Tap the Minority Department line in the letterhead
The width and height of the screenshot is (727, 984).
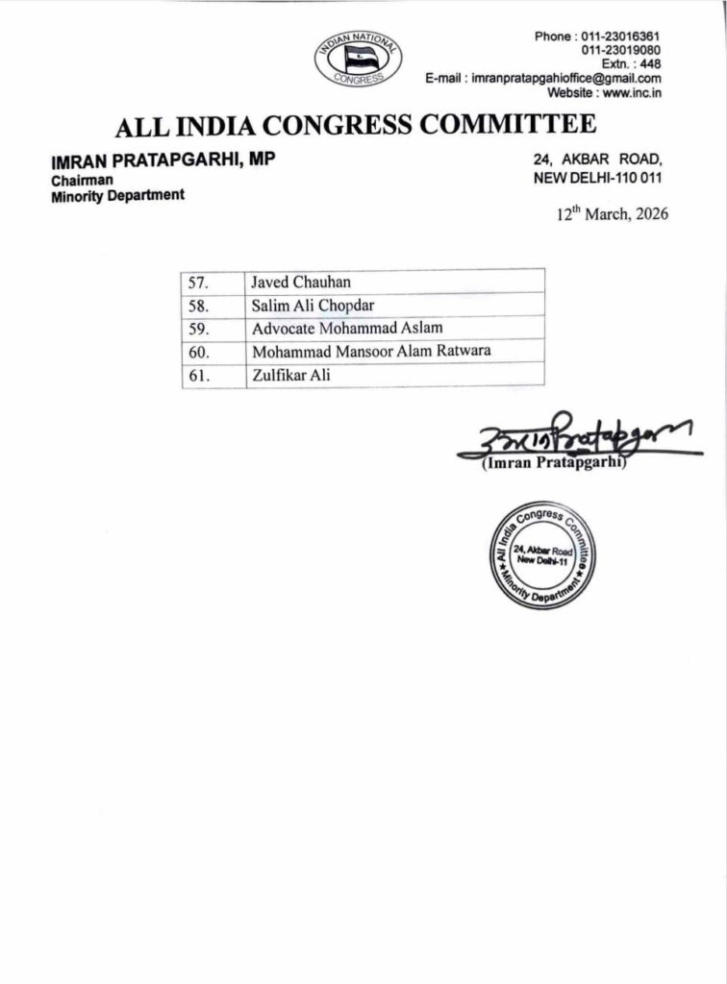pyautogui.click(x=117, y=195)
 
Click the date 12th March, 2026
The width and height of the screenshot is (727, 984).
pyautogui.click(x=613, y=214)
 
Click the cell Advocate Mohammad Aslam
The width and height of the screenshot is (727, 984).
pyautogui.click(x=346, y=328)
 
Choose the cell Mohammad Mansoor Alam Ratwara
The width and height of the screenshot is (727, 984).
pyautogui.click(x=370, y=351)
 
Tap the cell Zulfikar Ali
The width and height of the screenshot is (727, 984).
pyautogui.click(x=290, y=375)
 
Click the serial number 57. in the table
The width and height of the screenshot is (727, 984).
pyautogui.click(x=200, y=282)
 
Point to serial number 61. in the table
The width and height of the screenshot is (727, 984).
pyautogui.click(x=200, y=375)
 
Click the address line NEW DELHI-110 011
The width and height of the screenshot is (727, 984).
pyautogui.click(x=597, y=179)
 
